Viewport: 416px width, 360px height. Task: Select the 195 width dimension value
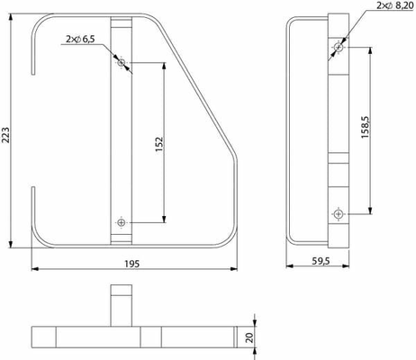[x=132, y=264]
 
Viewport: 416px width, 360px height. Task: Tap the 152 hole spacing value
[x=159, y=144]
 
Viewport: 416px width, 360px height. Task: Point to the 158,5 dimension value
[x=365, y=127]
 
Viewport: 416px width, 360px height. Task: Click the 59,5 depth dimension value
[x=321, y=261]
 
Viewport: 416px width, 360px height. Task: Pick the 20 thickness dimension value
[x=249, y=337]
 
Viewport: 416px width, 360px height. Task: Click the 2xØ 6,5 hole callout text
[x=80, y=39]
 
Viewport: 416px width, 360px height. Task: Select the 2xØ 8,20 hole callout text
[x=395, y=5]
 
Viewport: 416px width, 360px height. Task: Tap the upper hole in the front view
[x=122, y=63]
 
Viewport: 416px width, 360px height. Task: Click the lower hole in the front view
[x=122, y=222]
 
